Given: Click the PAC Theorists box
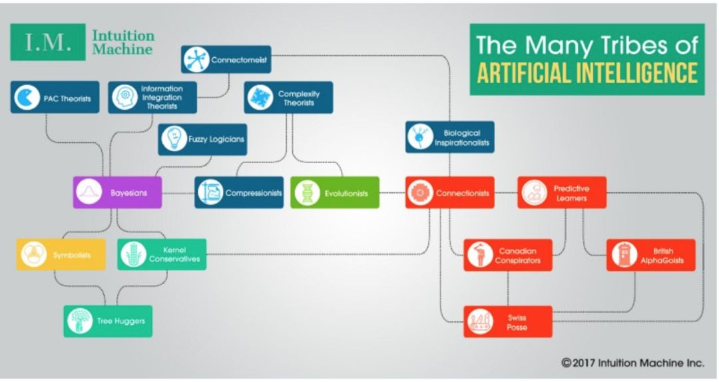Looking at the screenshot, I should coord(55,97).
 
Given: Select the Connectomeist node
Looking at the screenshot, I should coord(226,59).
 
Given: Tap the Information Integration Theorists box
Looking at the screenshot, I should coord(152,97).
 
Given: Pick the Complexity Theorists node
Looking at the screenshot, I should coord(288,98).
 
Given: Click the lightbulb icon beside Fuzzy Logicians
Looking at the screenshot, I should coord(174,139).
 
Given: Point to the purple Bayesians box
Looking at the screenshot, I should coord(117,193).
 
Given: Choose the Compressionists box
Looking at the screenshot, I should coord(239,193).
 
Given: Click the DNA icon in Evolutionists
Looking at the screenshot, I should coord(306,193).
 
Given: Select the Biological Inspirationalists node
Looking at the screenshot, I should coord(449,137).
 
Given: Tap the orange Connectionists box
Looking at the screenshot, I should coord(449,193).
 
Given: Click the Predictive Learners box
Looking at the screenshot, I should coord(561,193).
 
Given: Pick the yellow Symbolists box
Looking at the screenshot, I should coord(61,254).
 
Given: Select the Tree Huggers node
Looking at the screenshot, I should coord(108,321).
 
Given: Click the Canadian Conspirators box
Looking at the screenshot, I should coord(507,255).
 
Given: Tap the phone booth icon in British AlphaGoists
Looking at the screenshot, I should coord(623,255).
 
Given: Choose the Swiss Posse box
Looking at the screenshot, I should coord(507,322).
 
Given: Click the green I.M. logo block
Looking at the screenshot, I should coord(47,42).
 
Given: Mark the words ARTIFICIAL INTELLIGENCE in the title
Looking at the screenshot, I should coord(587,72).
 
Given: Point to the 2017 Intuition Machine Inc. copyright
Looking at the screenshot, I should coord(632,363).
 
